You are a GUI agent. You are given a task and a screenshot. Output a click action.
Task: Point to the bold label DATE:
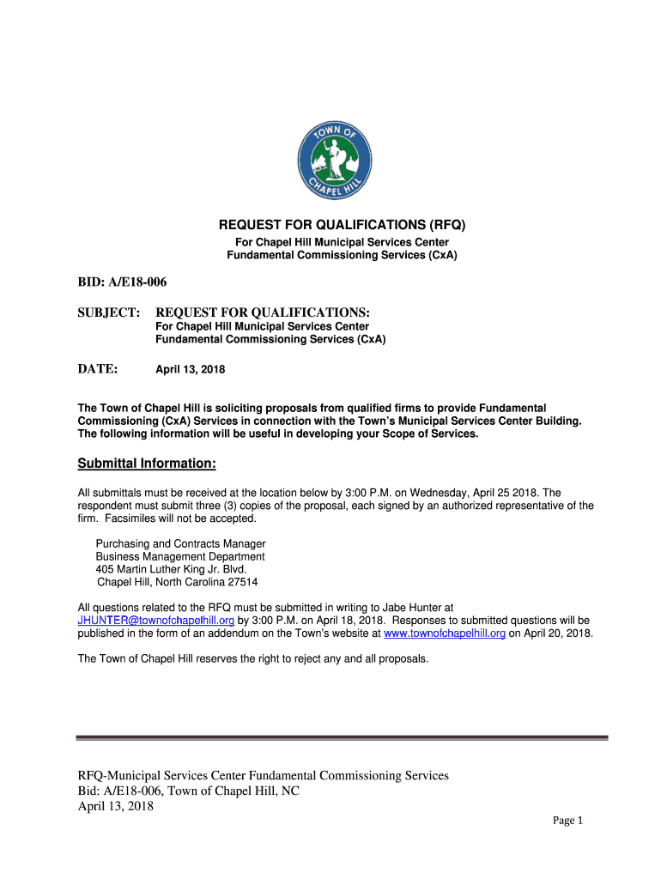point(97,369)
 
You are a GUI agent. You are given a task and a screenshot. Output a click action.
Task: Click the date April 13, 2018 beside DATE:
point(190,370)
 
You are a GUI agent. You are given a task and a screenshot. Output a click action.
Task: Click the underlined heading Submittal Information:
point(147,464)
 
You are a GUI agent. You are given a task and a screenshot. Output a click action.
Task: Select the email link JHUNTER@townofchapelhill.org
point(156,620)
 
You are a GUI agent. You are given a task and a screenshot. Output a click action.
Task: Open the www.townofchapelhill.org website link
point(445,633)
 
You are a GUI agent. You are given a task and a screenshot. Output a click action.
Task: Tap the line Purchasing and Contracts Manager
point(180,544)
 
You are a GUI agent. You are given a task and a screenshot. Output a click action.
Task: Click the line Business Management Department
point(180,556)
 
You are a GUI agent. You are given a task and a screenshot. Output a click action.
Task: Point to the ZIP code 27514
point(241,581)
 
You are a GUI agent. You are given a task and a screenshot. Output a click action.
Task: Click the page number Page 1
point(567,821)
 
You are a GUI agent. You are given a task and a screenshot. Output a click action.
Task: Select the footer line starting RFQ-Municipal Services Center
point(263,775)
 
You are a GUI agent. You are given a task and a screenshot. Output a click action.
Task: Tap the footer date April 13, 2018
point(115,806)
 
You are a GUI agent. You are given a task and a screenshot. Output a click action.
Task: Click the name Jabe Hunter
point(411,607)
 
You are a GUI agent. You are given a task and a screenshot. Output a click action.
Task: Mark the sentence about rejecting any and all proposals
point(252,658)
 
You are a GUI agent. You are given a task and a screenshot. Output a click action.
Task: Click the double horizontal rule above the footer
point(342,737)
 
